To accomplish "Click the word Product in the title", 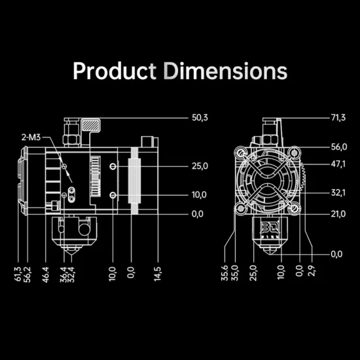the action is click(x=115, y=71).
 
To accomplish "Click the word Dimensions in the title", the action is click(x=225, y=71).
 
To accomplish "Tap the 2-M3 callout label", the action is click(x=31, y=137).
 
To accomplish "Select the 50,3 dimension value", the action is click(x=200, y=118).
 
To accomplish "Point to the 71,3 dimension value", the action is click(x=338, y=118).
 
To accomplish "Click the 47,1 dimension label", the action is click(x=338, y=164).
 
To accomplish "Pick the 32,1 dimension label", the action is click(x=338, y=193).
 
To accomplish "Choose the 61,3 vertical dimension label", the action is click(x=18, y=274).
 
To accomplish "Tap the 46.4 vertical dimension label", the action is click(x=46, y=275).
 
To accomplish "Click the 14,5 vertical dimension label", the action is click(x=158, y=274).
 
